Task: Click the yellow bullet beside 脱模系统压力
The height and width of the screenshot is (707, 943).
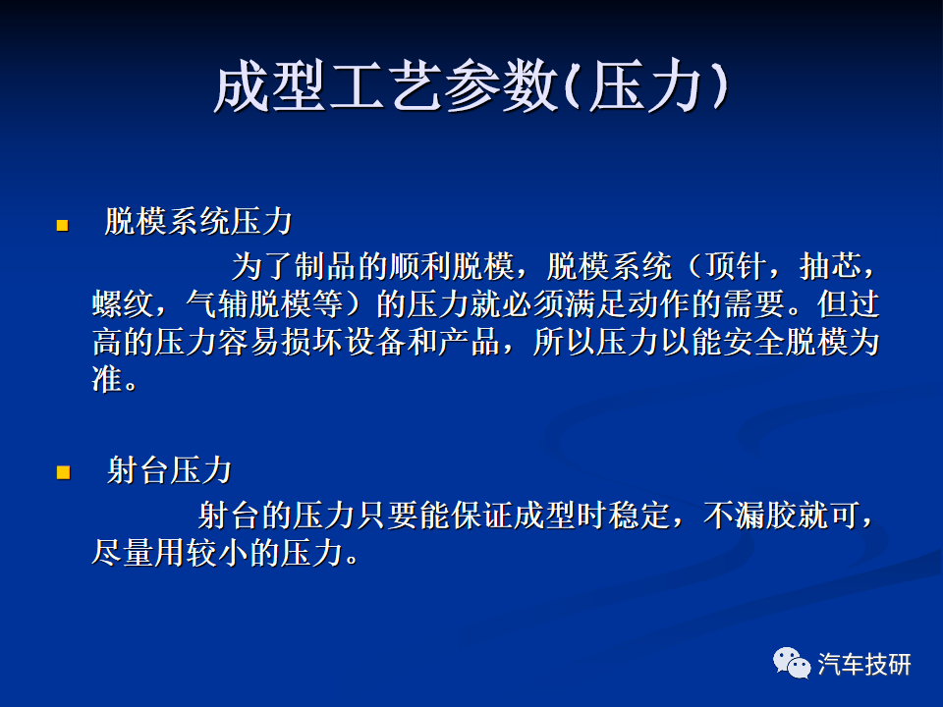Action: point(63,226)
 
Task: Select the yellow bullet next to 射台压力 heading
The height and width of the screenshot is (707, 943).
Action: point(63,472)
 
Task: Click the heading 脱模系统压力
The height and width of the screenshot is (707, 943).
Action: point(198,221)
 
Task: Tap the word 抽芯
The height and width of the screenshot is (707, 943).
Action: point(831,266)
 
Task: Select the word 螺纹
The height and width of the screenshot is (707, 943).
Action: point(124,304)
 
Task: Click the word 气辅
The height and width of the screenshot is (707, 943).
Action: point(217,304)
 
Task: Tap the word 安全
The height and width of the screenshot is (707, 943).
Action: point(753,342)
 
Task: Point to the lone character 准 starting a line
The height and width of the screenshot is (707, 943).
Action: point(107,379)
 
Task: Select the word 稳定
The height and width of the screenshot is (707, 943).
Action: point(638,516)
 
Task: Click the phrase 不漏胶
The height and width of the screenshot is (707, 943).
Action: point(749,516)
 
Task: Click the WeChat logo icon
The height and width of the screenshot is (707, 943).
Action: point(792,663)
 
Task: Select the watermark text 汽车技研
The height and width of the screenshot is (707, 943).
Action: point(864,665)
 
